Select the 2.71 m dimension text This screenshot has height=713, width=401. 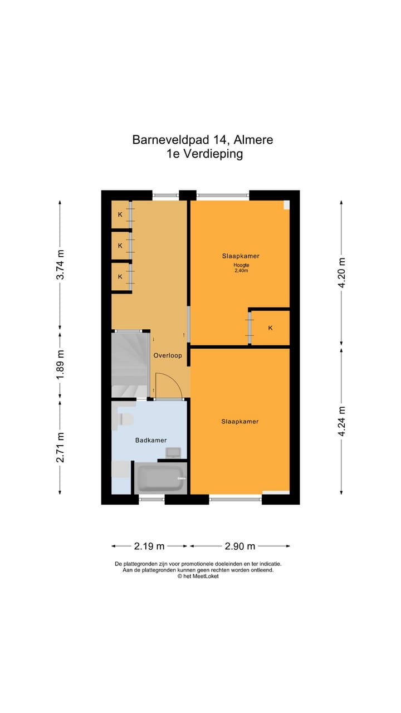pos(61,447)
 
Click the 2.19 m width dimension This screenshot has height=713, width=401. pos(150,546)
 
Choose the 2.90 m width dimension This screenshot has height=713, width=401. pos(239,546)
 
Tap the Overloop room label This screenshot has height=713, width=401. pos(168,355)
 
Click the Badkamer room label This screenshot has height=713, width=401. pos(151,440)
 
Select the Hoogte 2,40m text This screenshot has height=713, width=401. pos(241,268)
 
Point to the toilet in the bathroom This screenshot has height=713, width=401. pos(125,419)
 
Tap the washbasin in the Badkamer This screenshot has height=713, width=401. pos(173,452)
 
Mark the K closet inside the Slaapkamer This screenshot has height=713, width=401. pos(270,328)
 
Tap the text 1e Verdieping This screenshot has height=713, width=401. pos(204,154)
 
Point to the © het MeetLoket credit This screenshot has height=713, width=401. pos(198,577)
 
